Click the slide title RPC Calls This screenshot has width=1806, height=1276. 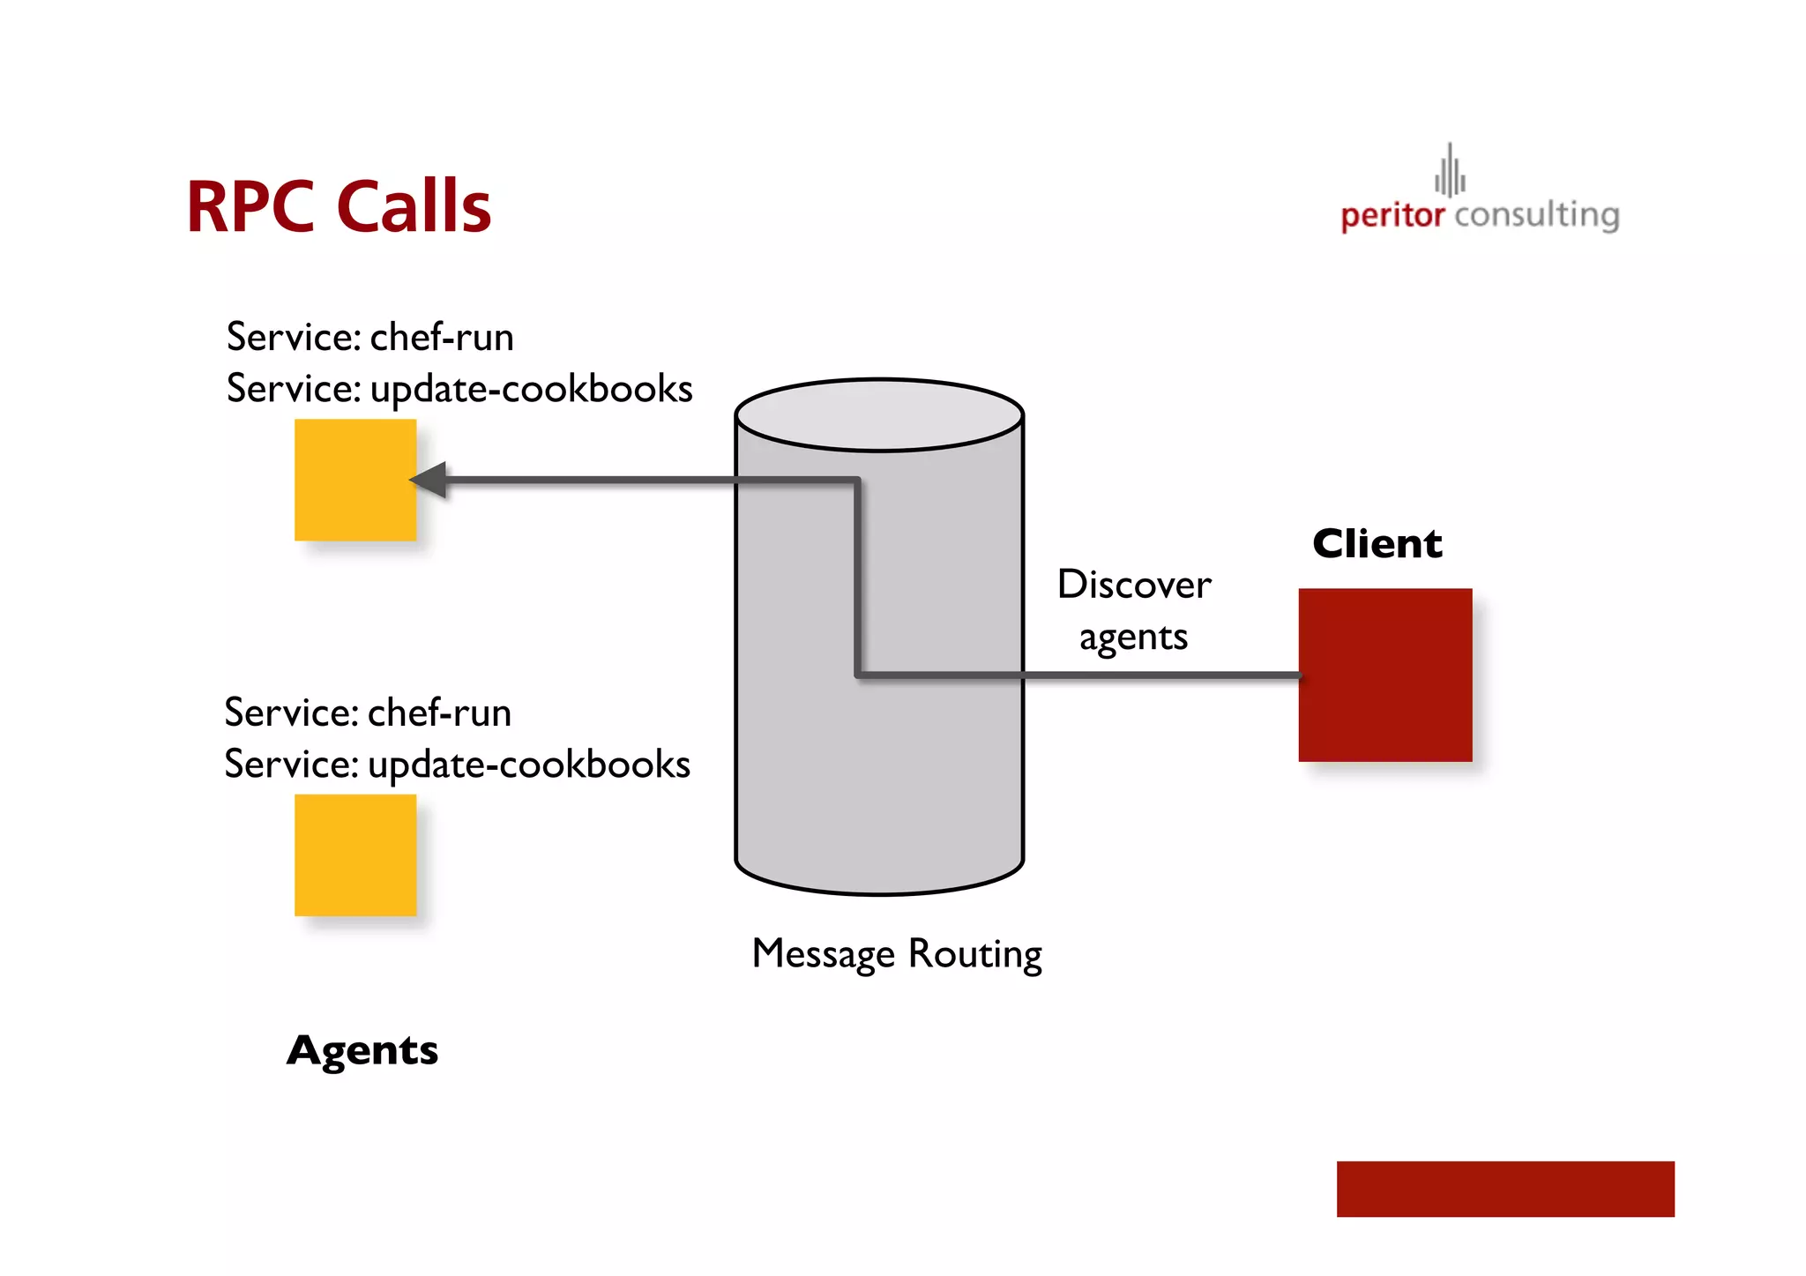pos(339,206)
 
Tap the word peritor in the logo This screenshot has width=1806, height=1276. pos(1392,215)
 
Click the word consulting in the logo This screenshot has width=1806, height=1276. pos(1536,215)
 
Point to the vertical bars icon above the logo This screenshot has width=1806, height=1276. pos(1450,171)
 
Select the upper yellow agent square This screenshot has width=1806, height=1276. pos(355,480)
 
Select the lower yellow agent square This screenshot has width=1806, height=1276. pos(355,854)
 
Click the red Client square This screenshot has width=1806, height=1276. pos(1384,675)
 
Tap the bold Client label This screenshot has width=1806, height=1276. pos(1377,543)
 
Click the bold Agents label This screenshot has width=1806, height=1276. pos(362,1050)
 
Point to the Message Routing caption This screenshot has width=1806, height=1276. pos(897,954)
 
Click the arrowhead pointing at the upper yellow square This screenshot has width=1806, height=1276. pos(429,480)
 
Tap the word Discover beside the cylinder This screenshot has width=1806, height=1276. pos(1134,585)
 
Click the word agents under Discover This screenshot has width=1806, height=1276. pos(1133,638)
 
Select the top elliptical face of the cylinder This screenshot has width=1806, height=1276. pos(879,415)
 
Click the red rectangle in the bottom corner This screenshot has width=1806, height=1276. pos(1504,1189)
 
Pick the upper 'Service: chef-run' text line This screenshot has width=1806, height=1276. pos(369,337)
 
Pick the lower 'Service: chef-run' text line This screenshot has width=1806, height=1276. pos(368,713)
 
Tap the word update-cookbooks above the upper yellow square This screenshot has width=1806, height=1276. pos(531,389)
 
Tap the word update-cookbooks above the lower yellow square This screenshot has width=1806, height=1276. pos(529,765)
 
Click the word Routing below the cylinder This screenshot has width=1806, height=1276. pos(974,954)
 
